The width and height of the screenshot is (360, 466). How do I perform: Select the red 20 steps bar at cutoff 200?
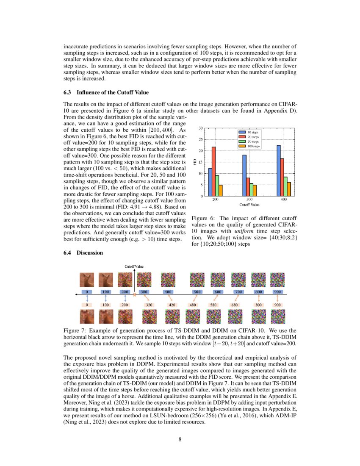pos(213,171)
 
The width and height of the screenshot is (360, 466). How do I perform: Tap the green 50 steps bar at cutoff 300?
pos(252,189)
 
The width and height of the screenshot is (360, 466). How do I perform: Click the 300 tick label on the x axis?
pos(249,199)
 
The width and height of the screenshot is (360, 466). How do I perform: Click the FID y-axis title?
pos(195,161)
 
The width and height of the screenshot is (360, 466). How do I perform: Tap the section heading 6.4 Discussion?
pos(83,253)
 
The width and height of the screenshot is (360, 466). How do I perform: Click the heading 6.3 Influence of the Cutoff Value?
pos(106,92)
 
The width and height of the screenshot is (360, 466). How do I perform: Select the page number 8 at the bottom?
pos(180,439)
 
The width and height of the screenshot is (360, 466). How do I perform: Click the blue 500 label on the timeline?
pos(197,292)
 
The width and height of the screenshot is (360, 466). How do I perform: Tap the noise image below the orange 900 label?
pos(277,316)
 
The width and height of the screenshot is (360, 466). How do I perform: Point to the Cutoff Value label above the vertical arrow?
pos(133,266)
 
